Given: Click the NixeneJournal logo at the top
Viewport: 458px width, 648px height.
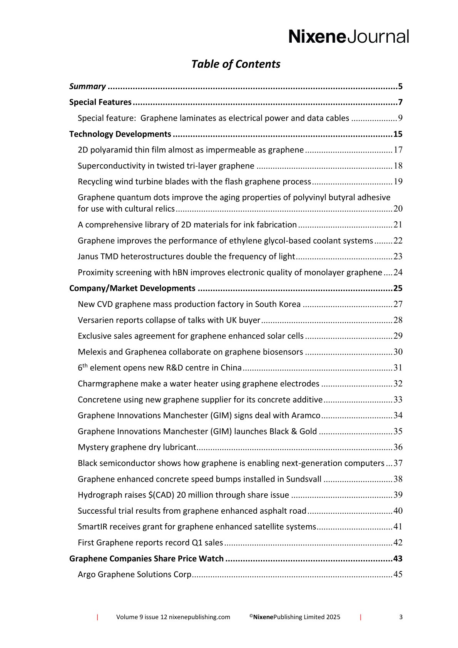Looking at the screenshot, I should (x=348, y=37).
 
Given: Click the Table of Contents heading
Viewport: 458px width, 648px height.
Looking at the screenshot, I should (x=236, y=64).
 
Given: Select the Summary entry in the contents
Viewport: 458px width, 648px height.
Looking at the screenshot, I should (x=87, y=87).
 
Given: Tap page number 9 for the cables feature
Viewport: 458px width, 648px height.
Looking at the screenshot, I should (x=400, y=118).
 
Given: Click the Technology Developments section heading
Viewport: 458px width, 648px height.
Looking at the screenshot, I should (x=120, y=134).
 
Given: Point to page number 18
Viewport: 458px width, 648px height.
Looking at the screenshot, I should (x=398, y=166).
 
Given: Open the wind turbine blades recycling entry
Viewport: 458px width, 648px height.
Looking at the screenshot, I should (x=194, y=182).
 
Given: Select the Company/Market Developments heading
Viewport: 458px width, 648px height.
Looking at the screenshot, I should (x=132, y=288).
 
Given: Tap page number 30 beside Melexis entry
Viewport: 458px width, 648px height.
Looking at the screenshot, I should (x=398, y=352).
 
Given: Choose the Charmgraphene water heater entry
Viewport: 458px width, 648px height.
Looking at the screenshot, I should (x=198, y=384).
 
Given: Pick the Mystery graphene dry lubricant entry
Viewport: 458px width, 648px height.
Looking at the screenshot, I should (x=137, y=448).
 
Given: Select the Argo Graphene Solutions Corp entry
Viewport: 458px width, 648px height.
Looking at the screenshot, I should (x=134, y=575).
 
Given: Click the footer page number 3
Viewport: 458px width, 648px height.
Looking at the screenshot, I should (x=401, y=617).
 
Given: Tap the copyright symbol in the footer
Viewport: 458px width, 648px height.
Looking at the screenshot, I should (x=251, y=616).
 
